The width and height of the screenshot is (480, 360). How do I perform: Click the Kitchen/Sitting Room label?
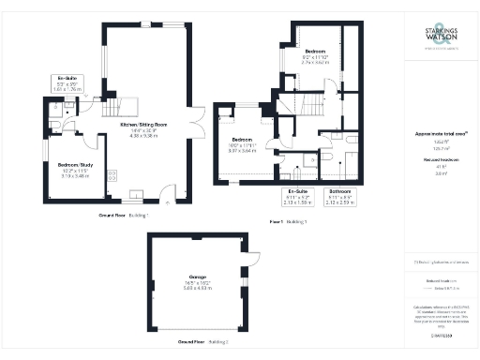pos(142,124)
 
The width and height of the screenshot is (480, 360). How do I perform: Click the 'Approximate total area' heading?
pos(441,134)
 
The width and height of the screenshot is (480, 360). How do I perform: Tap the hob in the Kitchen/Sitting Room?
pos(112,174)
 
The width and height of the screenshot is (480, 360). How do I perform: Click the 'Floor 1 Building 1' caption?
pos(288,220)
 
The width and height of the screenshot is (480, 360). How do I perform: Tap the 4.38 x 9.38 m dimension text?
pos(142,136)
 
